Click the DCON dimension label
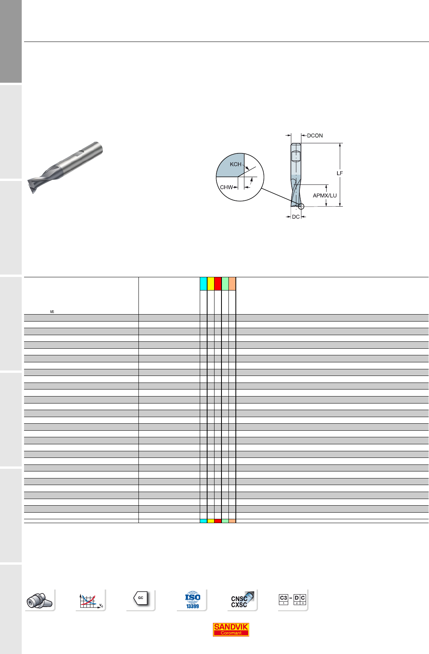[315, 136]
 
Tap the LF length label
[339, 173]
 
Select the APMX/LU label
[325, 195]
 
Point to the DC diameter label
[296, 217]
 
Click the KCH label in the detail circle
[236, 164]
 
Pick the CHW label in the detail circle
[226, 187]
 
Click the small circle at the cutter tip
[301, 207]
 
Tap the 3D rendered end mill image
[65, 167]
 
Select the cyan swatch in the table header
[203, 284]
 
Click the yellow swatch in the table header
[211, 284]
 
